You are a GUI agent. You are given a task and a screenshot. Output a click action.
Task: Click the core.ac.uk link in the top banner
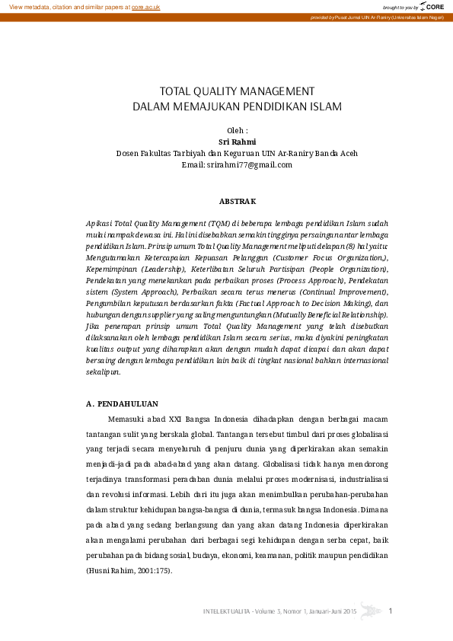[x=145, y=6]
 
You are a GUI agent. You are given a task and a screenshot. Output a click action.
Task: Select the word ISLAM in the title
[x=325, y=106]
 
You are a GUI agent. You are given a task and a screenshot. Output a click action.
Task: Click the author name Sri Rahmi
[x=237, y=142]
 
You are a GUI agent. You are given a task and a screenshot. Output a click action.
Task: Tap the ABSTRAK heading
[x=238, y=201]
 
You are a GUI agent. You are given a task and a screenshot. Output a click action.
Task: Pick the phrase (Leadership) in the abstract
[x=161, y=269]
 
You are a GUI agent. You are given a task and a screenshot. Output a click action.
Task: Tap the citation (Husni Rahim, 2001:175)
[x=129, y=571]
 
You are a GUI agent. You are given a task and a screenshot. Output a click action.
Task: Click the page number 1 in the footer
[x=391, y=611]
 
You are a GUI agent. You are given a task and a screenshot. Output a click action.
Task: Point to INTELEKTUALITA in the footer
[x=228, y=611]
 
